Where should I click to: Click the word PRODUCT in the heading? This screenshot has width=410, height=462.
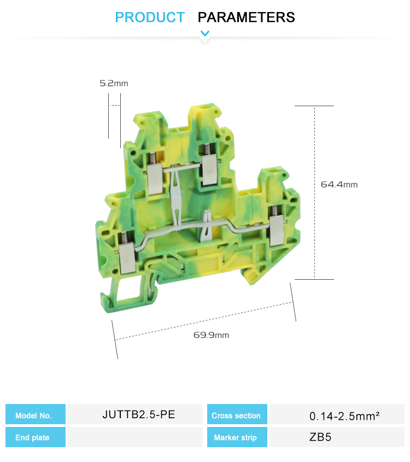[150, 17]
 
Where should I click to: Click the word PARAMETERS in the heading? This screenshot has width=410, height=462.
[246, 17]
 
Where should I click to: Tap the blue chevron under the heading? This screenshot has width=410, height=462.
[205, 33]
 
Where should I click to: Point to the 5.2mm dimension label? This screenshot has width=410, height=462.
[114, 83]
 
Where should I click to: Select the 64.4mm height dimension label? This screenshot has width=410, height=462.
[339, 184]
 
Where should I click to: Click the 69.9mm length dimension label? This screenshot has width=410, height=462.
[211, 335]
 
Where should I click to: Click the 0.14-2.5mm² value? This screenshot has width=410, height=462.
[344, 416]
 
